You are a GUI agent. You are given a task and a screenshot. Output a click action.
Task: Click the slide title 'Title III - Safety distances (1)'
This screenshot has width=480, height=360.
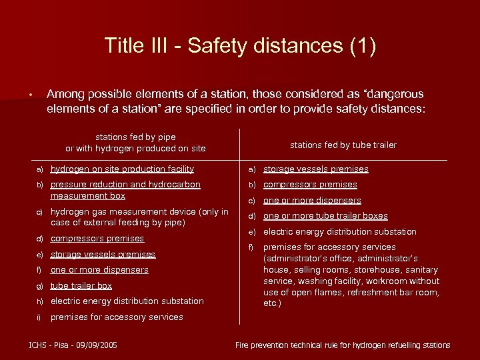pos(240,46)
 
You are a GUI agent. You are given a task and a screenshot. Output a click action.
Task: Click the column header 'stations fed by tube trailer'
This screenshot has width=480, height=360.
pos(343,145)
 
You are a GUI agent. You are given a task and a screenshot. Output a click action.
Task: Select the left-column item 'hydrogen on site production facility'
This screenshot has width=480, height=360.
pos(122,169)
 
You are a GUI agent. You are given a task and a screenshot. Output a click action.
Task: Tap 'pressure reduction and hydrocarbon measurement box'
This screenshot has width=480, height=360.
pos(125,190)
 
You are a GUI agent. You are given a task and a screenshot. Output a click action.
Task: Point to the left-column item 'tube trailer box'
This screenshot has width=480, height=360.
pos(81,285)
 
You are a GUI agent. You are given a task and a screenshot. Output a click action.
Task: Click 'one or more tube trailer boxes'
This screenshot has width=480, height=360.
pos(325,216)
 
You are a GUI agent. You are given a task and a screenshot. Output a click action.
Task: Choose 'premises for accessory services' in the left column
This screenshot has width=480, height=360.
pos(117,317)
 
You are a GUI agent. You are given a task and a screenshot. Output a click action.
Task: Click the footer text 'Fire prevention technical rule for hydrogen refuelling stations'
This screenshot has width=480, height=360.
pos(343,345)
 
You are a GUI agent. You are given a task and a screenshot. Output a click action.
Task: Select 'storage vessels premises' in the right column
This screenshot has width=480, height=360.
pos(315,169)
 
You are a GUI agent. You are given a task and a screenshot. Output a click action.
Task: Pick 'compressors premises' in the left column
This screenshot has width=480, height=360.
pos(97,238)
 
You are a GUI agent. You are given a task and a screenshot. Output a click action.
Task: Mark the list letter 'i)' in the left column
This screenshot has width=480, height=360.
pos(39,317)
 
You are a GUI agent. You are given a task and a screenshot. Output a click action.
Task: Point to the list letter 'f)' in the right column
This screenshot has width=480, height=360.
pos(252,247)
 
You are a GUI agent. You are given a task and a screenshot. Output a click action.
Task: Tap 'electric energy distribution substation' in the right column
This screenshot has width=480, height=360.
pos(339,232)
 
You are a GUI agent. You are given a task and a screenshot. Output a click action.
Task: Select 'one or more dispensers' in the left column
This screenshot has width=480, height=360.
pos(99,270)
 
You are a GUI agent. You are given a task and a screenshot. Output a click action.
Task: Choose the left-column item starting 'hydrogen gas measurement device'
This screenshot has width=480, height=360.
pos(139,217)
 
